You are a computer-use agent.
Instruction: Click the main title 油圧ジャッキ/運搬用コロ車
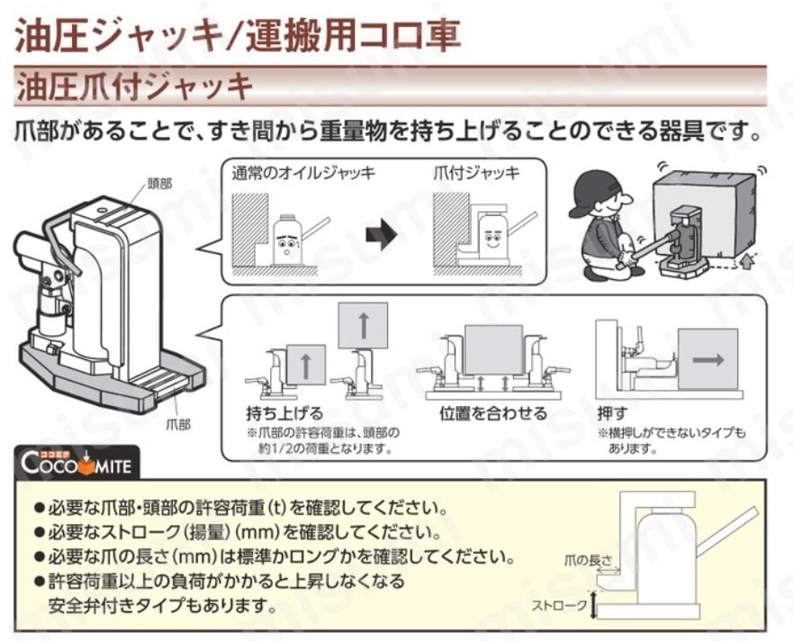[239, 33]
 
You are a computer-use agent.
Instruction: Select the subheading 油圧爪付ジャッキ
[135, 86]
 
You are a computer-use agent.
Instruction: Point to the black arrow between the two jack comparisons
[382, 238]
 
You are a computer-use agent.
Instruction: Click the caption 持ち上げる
[283, 414]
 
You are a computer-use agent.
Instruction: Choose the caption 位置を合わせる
[492, 414]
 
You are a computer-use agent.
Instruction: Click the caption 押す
[612, 414]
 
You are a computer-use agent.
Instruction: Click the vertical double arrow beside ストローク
[593, 606]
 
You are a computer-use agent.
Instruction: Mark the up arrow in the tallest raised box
[362, 325]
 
